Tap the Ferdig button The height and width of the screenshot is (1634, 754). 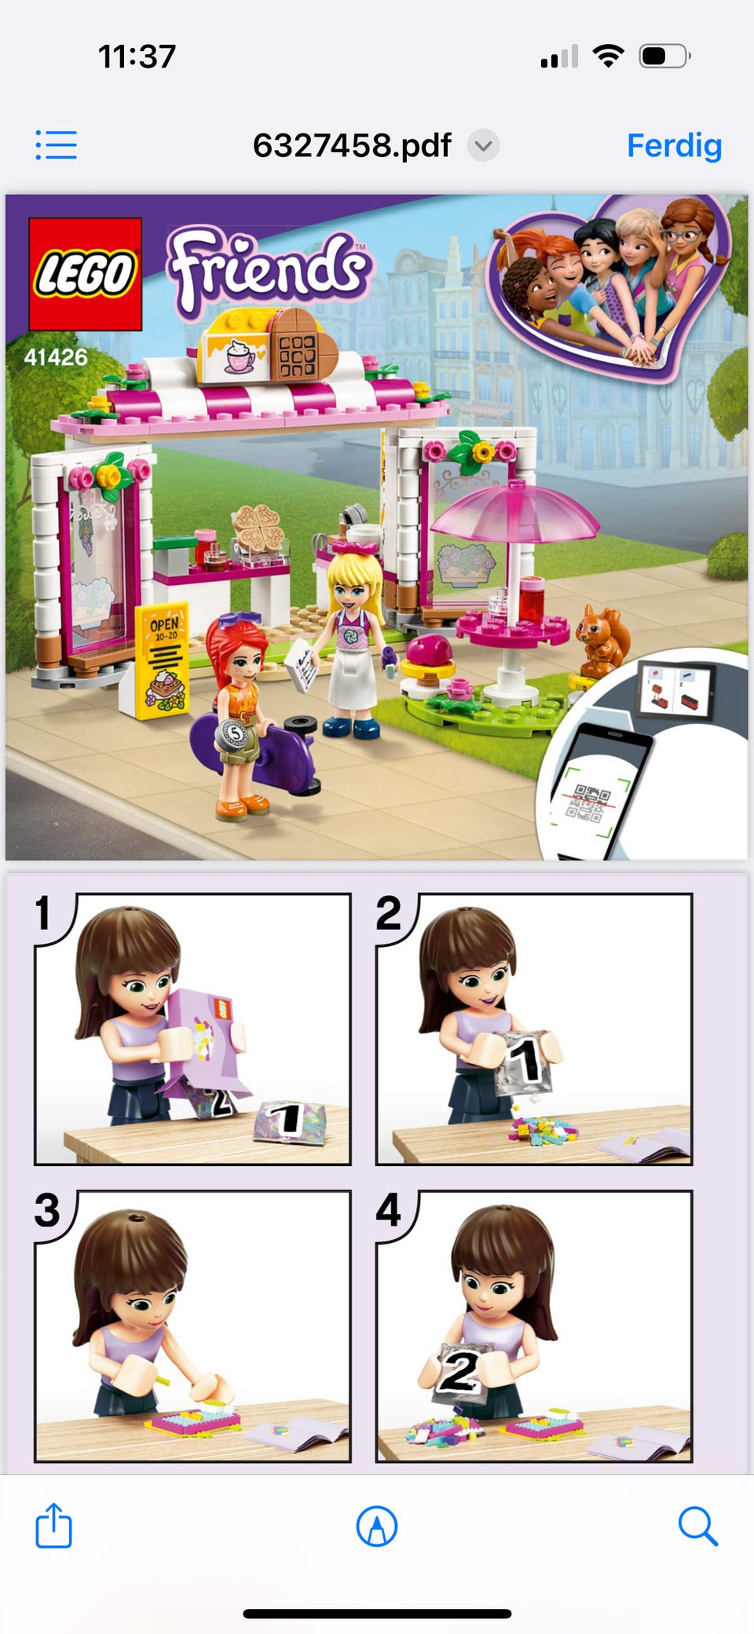(674, 146)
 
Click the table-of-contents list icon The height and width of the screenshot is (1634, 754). (56, 145)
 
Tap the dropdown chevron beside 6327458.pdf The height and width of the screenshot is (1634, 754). (484, 145)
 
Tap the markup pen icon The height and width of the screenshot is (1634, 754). (377, 1526)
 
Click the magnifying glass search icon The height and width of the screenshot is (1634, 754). (697, 1526)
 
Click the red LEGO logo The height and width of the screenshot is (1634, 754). (85, 274)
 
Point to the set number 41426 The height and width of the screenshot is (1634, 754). (56, 357)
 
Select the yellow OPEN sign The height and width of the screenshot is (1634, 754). (161, 660)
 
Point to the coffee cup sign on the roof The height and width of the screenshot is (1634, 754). (236, 354)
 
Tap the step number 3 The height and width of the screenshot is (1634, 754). (47, 1210)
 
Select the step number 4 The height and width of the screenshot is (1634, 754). (389, 1210)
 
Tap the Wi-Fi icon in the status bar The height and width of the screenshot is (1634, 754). (608, 56)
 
